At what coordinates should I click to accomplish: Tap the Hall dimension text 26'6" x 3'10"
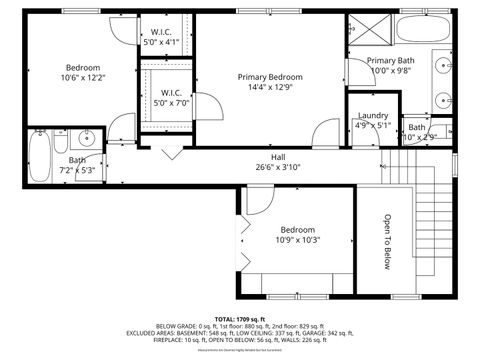[278, 167]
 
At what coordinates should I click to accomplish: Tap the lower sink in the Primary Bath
[445, 100]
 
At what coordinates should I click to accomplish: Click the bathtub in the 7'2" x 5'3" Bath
[39, 154]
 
